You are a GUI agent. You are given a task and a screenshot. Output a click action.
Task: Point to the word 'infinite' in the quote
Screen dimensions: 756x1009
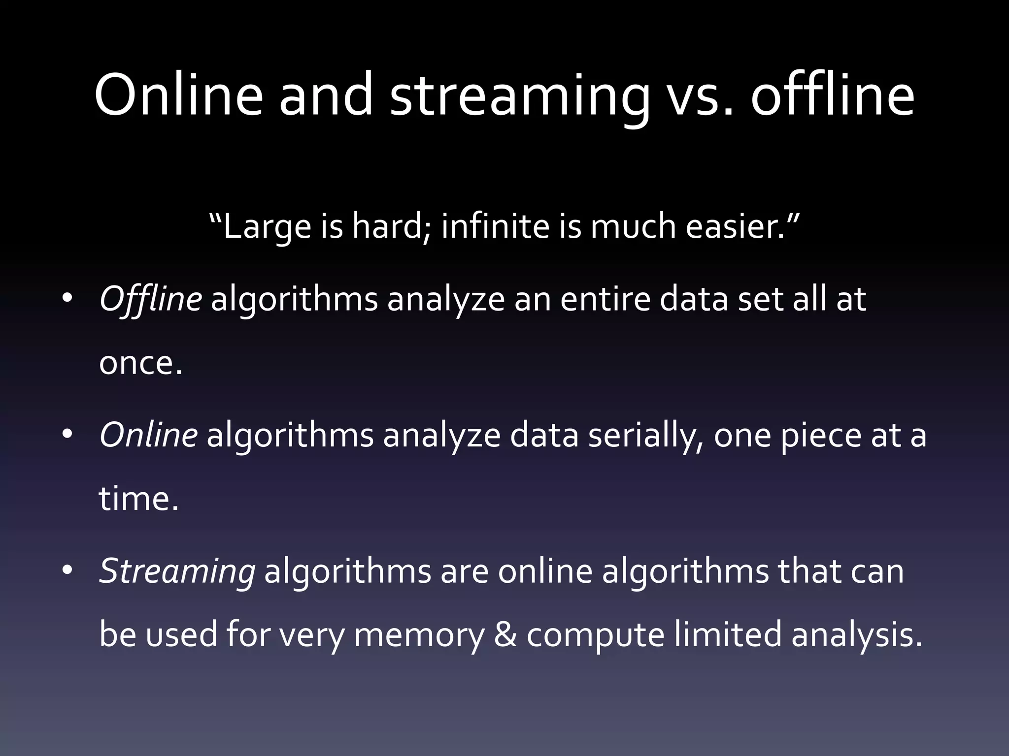click(x=495, y=227)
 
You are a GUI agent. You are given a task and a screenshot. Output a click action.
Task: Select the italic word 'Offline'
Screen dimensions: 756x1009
click(x=150, y=299)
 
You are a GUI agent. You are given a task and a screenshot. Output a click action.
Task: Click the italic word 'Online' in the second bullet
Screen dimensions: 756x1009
click(x=148, y=436)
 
